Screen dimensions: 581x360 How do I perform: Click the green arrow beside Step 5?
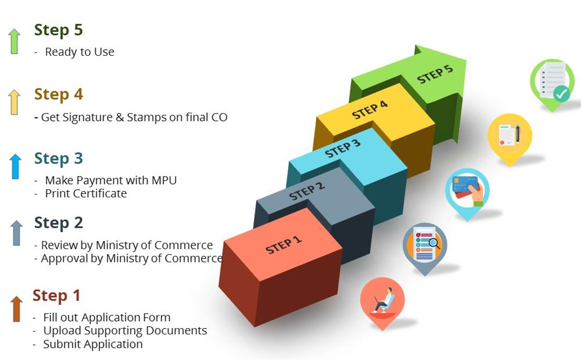(x=14, y=41)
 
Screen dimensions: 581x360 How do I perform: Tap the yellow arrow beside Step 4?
(x=14, y=102)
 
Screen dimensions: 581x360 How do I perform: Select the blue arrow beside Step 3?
(x=15, y=166)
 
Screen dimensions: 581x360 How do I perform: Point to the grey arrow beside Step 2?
(x=16, y=233)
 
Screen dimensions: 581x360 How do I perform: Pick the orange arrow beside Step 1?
(x=16, y=308)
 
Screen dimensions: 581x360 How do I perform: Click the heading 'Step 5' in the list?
(x=58, y=30)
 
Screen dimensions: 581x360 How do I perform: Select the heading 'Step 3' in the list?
(x=58, y=159)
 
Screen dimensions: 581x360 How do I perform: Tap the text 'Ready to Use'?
(x=79, y=52)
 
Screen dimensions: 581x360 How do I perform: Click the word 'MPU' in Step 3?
(x=164, y=181)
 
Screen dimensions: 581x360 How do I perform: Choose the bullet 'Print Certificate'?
(x=85, y=193)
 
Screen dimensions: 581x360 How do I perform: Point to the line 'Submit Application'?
(x=92, y=344)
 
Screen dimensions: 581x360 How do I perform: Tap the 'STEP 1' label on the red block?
(x=284, y=245)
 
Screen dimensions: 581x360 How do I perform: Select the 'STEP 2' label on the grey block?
(x=307, y=191)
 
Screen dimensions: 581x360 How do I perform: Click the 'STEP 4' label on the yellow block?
(x=370, y=110)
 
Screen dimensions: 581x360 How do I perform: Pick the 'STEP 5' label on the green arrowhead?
(x=435, y=74)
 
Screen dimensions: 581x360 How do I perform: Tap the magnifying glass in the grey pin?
(x=433, y=243)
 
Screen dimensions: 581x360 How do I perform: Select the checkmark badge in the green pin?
(x=562, y=93)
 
